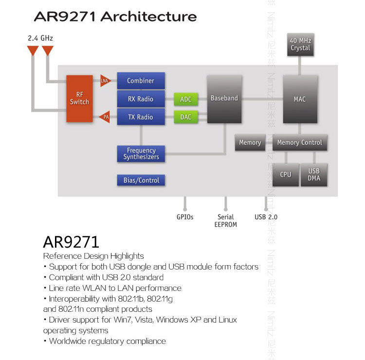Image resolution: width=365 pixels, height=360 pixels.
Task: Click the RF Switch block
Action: point(79,98)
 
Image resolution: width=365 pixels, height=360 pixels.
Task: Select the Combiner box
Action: point(141,81)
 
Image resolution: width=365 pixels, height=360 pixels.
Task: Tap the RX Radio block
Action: point(141,99)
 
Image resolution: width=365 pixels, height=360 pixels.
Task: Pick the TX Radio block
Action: point(141,117)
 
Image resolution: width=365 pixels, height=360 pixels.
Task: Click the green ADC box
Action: point(186,99)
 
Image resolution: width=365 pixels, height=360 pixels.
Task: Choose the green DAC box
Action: point(186,117)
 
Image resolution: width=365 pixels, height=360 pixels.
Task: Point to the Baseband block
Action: point(224,98)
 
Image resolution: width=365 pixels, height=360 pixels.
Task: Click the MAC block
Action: point(300,99)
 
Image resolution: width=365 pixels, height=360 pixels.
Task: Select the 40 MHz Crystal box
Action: point(300,45)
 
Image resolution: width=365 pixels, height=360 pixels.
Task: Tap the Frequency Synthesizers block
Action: point(141,154)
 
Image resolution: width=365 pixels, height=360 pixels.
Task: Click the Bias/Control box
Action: point(141,180)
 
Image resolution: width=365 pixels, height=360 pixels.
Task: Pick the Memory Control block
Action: point(299,143)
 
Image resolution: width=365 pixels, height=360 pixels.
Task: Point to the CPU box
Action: point(286,174)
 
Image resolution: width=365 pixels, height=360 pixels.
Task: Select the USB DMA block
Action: point(314,174)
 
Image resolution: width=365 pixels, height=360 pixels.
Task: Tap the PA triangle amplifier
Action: point(105,117)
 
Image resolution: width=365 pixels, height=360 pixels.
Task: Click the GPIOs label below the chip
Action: point(185,217)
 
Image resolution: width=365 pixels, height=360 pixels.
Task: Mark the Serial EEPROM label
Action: point(225,220)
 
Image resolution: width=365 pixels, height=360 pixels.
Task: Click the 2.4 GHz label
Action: point(40,37)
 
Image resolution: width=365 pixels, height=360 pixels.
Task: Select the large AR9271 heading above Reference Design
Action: point(71,242)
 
